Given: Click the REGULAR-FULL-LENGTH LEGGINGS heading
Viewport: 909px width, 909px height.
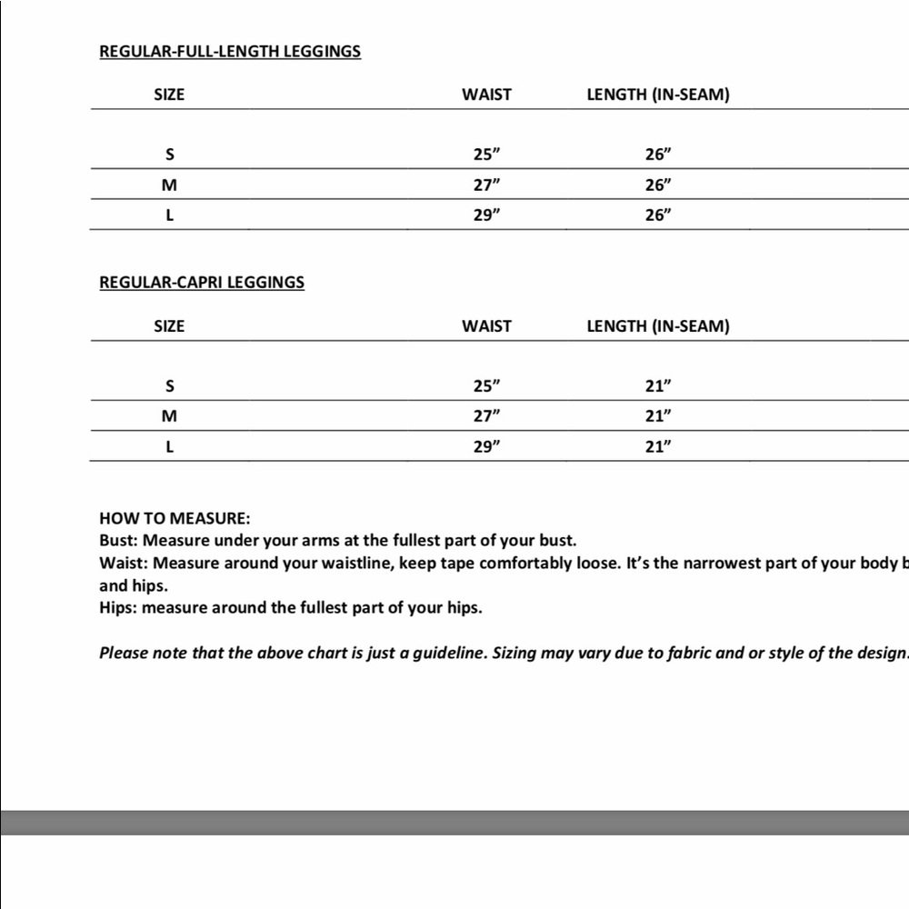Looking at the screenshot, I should click(x=229, y=51).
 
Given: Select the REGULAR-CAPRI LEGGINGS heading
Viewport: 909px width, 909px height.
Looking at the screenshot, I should click(x=201, y=282).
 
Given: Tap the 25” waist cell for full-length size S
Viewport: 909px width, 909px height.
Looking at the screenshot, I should click(x=486, y=155).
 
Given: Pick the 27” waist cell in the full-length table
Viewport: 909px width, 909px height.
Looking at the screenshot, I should click(x=486, y=185).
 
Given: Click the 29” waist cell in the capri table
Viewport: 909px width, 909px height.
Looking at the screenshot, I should click(x=486, y=446).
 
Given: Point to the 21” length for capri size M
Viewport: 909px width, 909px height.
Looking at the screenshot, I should click(x=658, y=416).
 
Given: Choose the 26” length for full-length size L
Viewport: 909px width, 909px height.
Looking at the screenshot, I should click(x=658, y=215).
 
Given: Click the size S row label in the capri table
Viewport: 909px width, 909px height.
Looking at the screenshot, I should click(x=169, y=386).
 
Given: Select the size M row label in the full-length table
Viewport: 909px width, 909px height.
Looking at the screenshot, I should click(x=169, y=185).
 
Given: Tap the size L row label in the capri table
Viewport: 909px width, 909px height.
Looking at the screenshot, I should click(x=169, y=446).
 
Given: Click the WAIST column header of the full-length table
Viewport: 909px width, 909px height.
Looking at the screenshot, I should click(x=486, y=95).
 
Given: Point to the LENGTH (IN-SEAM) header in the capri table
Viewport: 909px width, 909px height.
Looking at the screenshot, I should click(x=658, y=326).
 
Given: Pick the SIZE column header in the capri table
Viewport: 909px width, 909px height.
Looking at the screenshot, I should click(x=169, y=326).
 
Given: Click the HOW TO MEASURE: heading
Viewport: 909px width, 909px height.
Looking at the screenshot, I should click(x=175, y=519).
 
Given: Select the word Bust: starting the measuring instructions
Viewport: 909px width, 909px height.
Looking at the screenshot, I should click(x=118, y=540).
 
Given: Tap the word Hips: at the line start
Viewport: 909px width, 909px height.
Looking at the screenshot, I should click(x=118, y=607).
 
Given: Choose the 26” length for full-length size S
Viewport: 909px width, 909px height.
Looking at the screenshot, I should click(x=658, y=155).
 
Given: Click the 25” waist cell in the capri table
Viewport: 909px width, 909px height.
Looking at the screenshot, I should click(x=486, y=386).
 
